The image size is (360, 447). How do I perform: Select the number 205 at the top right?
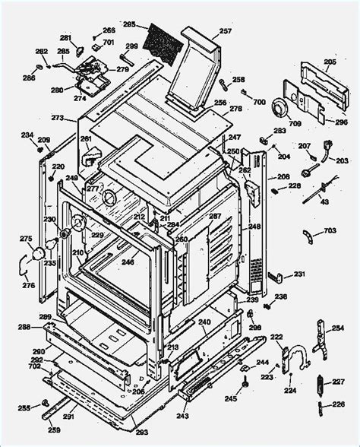point(330,62)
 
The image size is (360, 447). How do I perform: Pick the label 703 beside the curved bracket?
point(330,230)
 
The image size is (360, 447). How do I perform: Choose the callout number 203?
point(342,161)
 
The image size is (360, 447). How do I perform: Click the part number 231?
point(298,274)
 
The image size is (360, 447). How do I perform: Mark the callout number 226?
point(338,404)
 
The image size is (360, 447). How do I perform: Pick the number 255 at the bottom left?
point(24,407)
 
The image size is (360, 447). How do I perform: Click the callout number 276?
point(28,285)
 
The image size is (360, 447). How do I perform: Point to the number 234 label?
point(27,135)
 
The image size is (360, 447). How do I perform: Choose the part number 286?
point(28,78)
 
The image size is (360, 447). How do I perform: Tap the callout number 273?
point(58,118)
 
